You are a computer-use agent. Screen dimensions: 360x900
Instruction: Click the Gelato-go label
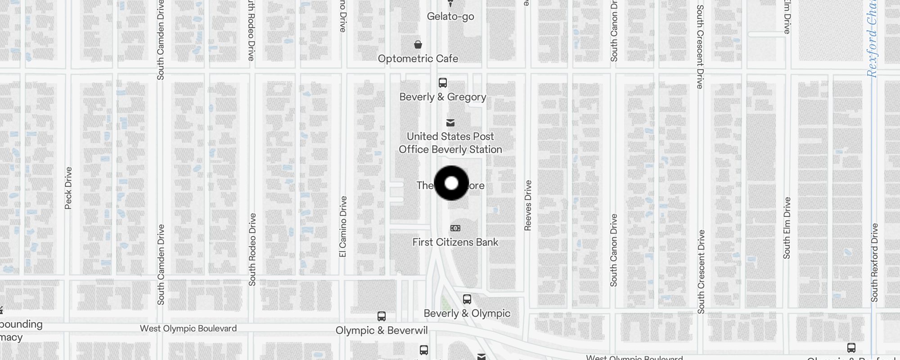(x=450, y=17)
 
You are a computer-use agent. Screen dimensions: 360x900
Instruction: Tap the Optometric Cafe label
(x=418, y=58)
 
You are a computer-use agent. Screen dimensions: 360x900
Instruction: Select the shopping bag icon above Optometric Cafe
(x=418, y=45)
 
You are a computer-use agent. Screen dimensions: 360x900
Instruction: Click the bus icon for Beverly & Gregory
(x=443, y=83)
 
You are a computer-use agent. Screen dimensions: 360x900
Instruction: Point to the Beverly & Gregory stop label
(x=443, y=97)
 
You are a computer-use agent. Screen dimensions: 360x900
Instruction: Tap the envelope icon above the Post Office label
(x=450, y=123)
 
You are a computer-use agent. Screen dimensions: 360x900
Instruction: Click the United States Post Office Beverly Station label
(x=450, y=143)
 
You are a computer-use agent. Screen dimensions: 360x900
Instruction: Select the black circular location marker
(x=451, y=183)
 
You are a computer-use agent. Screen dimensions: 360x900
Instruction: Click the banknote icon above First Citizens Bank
(x=455, y=228)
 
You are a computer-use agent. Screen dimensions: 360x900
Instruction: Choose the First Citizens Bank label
(x=455, y=242)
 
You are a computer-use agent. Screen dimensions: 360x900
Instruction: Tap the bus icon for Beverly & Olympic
(x=467, y=299)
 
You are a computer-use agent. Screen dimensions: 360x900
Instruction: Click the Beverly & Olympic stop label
(x=467, y=313)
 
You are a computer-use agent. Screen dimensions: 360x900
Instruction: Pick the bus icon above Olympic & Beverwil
(x=382, y=316)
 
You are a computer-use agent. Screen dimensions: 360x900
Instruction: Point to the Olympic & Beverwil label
(x=382, y=331)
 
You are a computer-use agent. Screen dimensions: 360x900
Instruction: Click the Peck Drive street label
(x=68, y=188)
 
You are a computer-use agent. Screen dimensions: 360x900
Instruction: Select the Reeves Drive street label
(x=528, y=205)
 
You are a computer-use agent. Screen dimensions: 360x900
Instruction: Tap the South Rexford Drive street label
(x=874, y=262)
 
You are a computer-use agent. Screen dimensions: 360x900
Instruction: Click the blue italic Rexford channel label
(x=872, y=40)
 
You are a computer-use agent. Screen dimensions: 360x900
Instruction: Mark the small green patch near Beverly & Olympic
(x=445, y=302)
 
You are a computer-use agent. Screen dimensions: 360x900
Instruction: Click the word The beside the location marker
(x=424, y=185)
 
